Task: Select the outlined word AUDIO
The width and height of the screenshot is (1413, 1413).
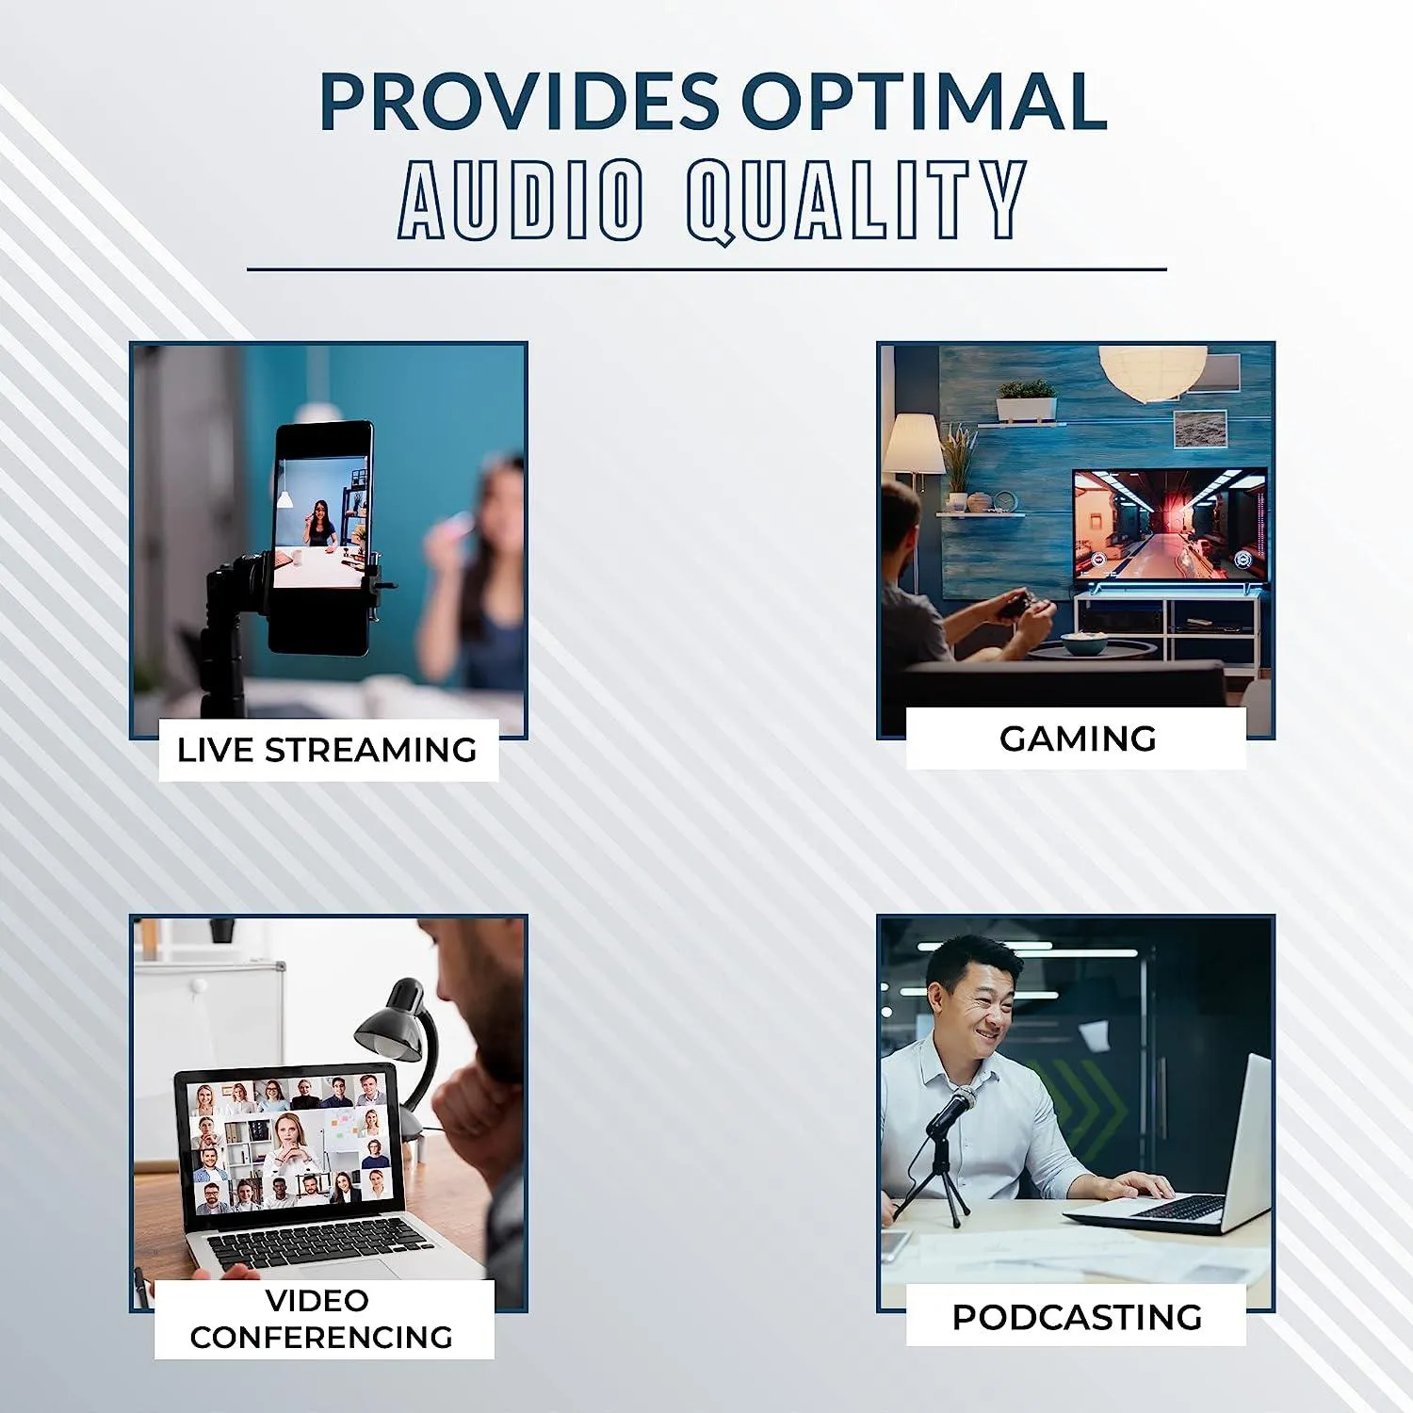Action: (521, 199)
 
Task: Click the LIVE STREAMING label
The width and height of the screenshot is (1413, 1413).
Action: (327, 750)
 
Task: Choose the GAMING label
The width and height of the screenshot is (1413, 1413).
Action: (1078, 739)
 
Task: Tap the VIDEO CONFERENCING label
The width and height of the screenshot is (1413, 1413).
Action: (321, 1318)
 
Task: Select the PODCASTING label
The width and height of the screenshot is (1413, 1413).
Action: (1077, 1317)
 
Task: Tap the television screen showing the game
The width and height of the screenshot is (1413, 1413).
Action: (1169, 525)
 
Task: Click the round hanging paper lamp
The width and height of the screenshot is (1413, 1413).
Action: (1152, 369)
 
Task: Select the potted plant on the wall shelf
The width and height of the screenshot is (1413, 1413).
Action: (1026, 399)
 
